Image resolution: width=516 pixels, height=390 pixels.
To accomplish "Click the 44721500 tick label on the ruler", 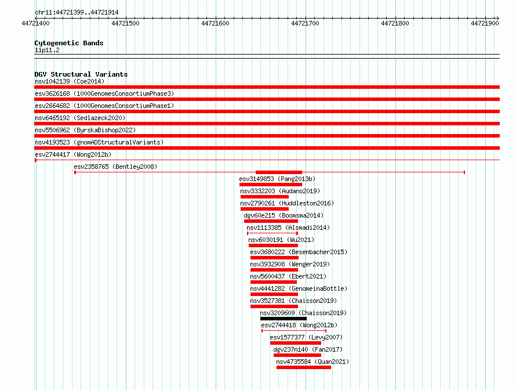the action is [125, 23].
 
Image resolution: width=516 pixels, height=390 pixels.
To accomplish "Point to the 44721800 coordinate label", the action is [395, 23].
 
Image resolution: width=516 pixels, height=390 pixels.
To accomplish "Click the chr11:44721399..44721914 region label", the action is [77, 13].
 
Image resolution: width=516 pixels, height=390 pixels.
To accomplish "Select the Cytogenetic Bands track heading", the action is [69, 43].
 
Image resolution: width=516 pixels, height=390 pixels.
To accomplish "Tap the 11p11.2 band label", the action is [47, 50].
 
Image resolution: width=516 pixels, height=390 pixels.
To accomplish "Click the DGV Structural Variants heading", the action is [81, 74].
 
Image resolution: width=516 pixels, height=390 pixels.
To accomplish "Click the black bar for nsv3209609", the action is [284, 319].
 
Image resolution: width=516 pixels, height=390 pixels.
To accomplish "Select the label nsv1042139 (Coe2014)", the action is [70, 81].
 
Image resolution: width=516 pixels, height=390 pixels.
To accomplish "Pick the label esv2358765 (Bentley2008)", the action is [115, 167].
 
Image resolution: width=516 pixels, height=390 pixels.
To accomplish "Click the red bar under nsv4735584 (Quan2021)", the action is [304, 367].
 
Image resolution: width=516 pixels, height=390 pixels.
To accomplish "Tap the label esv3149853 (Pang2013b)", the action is [277, 179].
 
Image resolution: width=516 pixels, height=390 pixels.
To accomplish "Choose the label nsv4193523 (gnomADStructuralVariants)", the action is [99, 142].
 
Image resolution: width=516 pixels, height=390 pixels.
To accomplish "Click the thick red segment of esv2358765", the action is [279, 172].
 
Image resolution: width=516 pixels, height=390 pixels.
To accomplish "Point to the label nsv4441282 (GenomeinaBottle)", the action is [299, 288].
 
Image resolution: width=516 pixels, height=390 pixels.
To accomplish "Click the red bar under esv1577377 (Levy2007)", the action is [296, 343].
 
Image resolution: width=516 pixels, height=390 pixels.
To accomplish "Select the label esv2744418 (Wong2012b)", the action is [299, 325].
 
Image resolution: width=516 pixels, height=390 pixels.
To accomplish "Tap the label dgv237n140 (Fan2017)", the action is [308, 349].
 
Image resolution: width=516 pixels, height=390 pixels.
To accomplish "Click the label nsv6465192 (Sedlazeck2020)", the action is [80, 118].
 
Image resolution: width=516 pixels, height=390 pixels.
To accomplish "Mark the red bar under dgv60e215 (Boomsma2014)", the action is [271, 221].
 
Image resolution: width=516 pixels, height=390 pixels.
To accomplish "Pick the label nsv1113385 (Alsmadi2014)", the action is [288, 228].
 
